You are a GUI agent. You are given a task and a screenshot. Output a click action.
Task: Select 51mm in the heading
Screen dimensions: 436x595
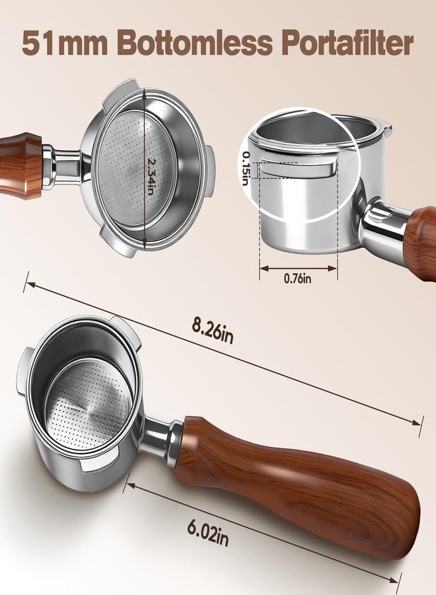point(65,44)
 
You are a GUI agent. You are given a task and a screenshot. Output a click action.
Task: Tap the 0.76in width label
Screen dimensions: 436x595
point(298,278)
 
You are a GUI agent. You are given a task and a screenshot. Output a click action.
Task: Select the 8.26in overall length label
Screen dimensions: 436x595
point(213,330)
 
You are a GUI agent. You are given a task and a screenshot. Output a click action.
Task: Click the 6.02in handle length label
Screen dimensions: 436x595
point(208,532)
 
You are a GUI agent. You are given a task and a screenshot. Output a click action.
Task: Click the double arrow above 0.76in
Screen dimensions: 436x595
point(299,268)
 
